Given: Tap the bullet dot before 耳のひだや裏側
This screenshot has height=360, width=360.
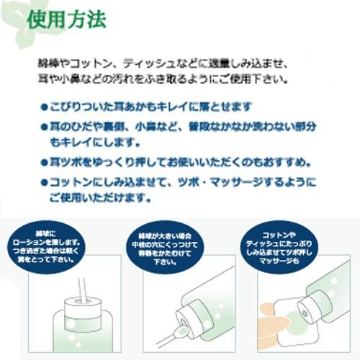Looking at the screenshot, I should pyautogui.click(x=45, y=126).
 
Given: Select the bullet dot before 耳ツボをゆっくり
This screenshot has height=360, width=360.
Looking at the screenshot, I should pyautogui.click(x=45, y=161).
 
